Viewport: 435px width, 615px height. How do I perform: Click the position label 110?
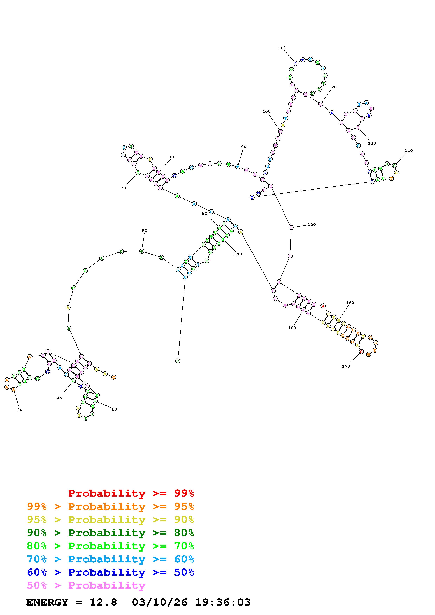281,48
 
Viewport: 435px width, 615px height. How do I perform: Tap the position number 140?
409,151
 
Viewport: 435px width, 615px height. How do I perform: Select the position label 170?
346,366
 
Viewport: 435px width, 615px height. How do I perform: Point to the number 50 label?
144,231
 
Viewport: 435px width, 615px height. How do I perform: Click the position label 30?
20,410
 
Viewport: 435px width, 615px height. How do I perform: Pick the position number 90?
243,147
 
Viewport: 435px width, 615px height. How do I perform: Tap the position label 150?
311,224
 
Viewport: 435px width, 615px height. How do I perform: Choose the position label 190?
238,254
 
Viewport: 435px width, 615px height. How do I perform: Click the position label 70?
123,188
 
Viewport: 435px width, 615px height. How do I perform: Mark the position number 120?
332,87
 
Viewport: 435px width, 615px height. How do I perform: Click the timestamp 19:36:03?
223,602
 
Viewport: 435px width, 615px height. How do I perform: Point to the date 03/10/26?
160,602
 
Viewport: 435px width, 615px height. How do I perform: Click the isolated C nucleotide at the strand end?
178,361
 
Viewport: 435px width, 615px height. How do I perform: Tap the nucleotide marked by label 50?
141,251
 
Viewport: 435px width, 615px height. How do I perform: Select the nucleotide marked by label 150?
291,228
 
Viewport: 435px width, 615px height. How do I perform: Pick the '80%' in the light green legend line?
37,546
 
